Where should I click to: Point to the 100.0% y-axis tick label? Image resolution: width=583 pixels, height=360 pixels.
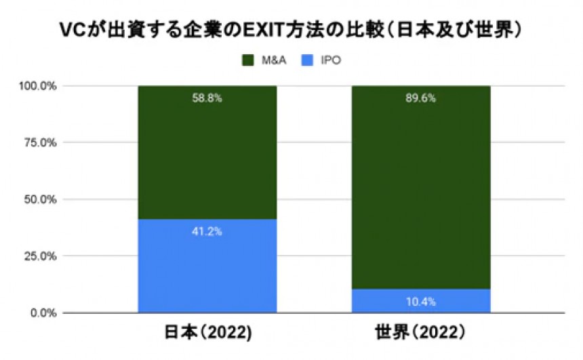(39, 86)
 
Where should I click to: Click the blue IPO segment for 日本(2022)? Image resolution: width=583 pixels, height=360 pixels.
(207, 271)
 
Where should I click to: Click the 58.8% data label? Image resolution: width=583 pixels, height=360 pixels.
(207, 98)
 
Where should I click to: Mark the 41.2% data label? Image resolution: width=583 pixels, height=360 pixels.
(207, 231)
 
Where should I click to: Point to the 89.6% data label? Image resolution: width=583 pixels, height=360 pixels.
(421, 98)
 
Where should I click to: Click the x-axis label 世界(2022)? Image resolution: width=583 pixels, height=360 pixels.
(420, 334)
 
